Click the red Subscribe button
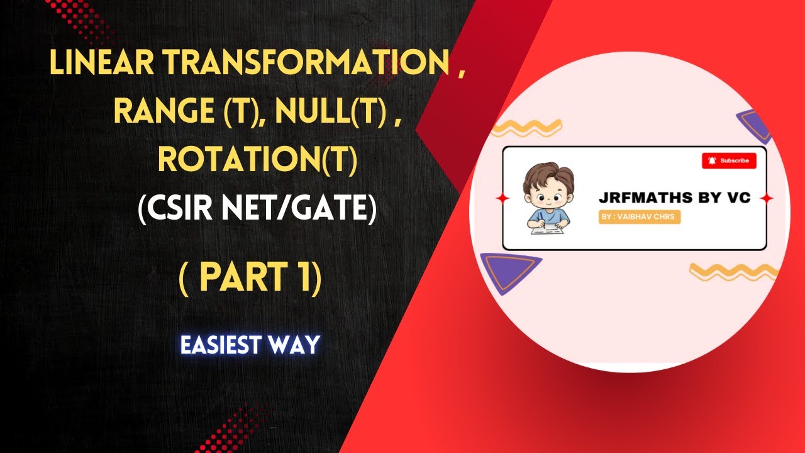click(x=729, y=160)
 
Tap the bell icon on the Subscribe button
click(x=712, y=160)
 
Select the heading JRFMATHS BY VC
click(x=675, y=198)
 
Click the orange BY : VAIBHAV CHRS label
click(x=638, y=217)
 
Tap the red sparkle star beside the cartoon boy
click(x=501, y=198)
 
